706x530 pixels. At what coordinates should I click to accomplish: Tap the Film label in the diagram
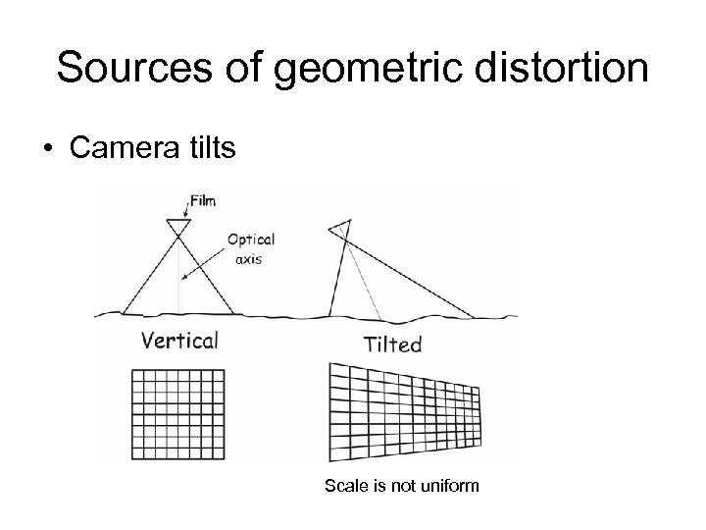(203, 201)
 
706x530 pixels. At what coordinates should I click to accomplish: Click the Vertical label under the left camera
(179, 342)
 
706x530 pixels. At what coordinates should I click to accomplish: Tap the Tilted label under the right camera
(392, 344)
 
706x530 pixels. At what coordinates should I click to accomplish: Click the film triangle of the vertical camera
(178, 227)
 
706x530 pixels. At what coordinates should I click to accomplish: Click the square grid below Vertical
(177, 414)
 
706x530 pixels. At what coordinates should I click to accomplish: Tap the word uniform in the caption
(451, 485)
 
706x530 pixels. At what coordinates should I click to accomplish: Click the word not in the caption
(404, 485)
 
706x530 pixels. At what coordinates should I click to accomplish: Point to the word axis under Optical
(248, 261)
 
